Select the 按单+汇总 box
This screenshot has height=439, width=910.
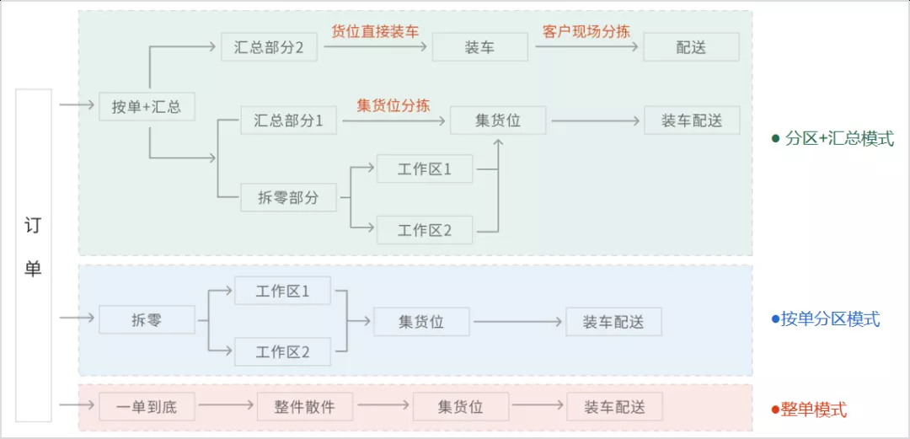147,107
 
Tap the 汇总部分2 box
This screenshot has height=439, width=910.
269,47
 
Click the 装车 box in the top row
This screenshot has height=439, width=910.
479,47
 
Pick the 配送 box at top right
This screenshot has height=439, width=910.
691,47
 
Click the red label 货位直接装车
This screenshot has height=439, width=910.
375,32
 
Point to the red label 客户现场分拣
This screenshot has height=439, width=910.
586,32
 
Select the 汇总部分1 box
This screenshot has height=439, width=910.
288,120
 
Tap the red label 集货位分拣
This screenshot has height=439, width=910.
393,105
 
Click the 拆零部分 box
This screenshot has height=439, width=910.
288,198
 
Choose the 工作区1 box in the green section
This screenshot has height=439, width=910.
425,169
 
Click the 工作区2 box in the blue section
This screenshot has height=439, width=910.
282,351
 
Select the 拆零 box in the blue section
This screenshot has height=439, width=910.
147,320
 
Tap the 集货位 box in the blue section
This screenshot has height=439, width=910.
421,321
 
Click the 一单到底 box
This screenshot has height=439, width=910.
147,407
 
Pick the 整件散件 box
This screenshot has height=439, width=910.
304,407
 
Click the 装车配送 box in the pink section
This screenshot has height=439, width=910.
614,407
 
